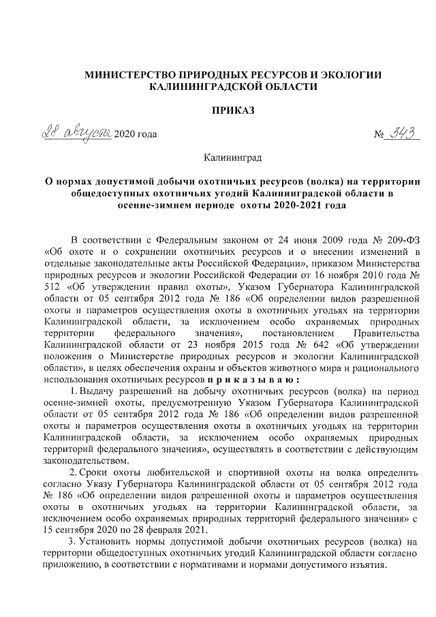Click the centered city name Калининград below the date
(x=233, y=158)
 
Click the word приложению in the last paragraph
(x=71, y=565)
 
